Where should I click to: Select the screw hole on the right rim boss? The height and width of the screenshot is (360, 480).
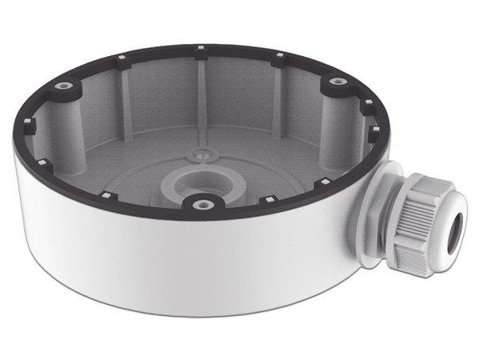[332, 81]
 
